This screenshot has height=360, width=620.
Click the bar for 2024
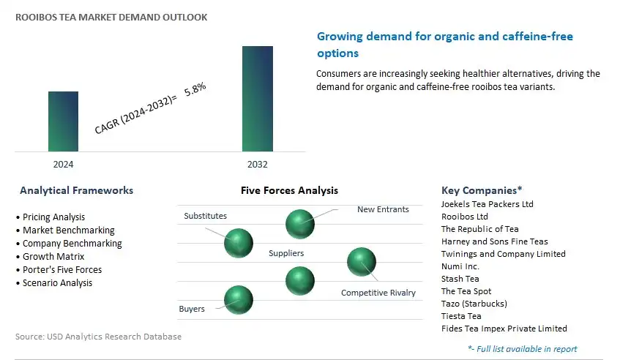click(63, 121)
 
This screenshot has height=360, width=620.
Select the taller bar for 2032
click(258, 99)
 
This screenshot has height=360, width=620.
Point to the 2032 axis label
click(258, 165)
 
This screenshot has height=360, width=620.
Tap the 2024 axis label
click(63, 165)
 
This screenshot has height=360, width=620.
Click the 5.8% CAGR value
click(195, 89)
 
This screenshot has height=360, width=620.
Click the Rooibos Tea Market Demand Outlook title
click(111, 18)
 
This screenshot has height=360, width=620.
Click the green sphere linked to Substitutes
click(239, 243)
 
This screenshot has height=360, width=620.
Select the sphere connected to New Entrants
click(300, 224)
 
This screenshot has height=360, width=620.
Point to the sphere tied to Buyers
click(239, 300)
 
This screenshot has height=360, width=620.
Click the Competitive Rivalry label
click(378, 293)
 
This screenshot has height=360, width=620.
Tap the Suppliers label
click(286, 253)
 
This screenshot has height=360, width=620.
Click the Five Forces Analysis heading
click(289, 190)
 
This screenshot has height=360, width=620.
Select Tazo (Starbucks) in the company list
click(474, 304)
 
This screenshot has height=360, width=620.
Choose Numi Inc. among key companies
click(460, 266)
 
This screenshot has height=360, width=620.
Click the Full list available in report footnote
click(523, 349)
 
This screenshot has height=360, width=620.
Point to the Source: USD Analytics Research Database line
click(99, 337)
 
